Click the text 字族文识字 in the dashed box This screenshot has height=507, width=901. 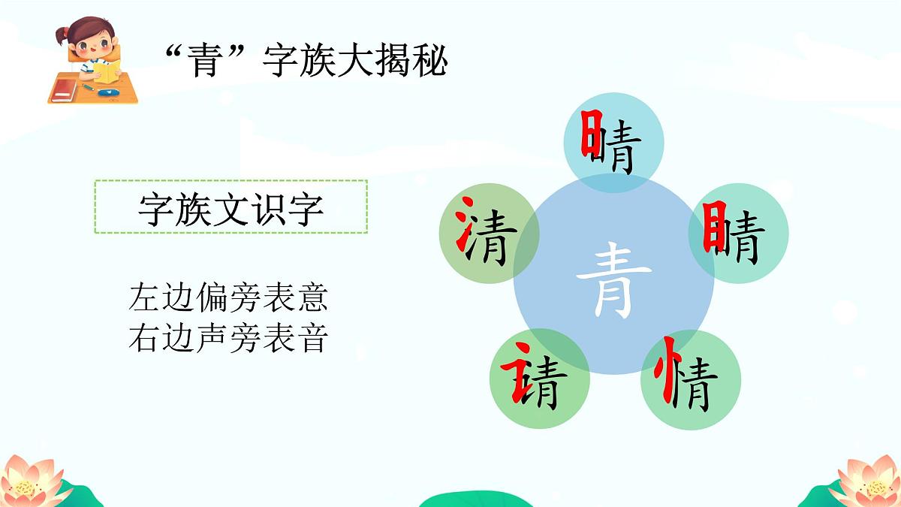(x=231, y=208)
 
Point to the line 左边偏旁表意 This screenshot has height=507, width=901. (x=228, y=298)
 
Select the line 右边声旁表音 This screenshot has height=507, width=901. (x=228, y=338)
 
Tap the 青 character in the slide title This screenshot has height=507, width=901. (x=203, y=62)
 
